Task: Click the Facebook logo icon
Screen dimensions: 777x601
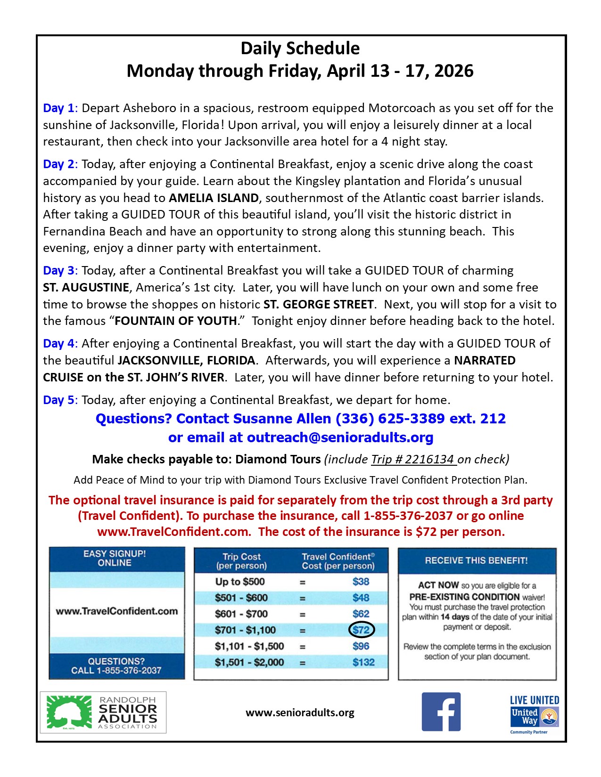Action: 441,712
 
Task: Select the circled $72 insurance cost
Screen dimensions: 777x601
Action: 361,630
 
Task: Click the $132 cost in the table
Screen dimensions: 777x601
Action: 363,662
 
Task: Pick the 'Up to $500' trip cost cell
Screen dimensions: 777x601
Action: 240,582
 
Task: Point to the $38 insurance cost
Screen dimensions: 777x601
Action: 361,582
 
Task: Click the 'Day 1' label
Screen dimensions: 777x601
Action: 58,108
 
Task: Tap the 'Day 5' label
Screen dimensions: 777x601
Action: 58,400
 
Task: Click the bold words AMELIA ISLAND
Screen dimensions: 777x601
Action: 214,198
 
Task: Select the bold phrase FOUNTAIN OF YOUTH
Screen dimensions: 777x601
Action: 176,321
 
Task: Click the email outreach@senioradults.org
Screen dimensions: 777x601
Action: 340,437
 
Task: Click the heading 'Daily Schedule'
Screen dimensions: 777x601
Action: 300,49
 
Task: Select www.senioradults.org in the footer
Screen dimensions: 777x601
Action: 300,712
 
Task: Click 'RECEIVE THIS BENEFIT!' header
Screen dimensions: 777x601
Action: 476,560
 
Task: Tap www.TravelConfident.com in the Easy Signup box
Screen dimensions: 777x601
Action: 117,611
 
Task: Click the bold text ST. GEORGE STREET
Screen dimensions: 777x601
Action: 319,305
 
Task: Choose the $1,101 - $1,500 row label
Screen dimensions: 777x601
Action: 249,647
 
